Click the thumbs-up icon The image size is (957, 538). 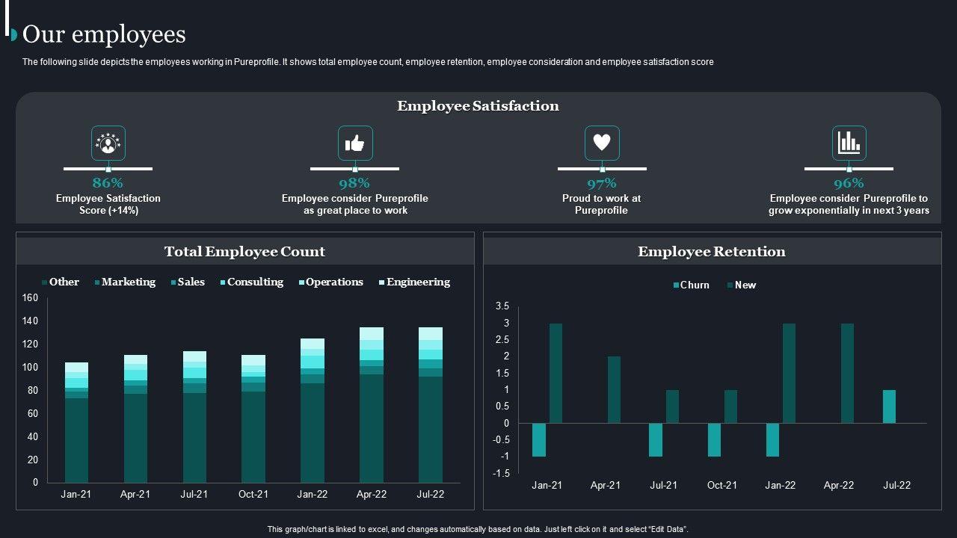coord(355,143)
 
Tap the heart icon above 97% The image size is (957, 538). coord(602,143)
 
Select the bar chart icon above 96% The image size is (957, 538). coord(849,143)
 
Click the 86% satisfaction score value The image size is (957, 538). coord(108,183)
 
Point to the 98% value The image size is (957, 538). coord(354,183)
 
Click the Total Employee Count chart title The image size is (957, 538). coord(244,252)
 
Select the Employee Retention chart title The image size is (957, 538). coord(712,252)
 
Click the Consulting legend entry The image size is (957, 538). coord(255,282)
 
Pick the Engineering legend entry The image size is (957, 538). coord(418,282)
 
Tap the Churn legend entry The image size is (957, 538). coord(695,285)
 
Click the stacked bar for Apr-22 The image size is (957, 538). coord(372,407)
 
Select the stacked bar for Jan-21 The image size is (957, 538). coord(76,426)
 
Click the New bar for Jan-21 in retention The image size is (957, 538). coord(556,374)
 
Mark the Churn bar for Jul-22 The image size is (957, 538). coord(889,406)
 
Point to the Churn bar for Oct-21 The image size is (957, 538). coord(714,439)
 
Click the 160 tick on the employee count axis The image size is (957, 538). coord(30,298)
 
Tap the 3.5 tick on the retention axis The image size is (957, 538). coord(502,306)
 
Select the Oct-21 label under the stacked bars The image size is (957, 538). coord(253,495)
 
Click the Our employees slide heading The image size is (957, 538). coord(104,34)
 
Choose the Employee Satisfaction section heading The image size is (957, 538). coord(478,106)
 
